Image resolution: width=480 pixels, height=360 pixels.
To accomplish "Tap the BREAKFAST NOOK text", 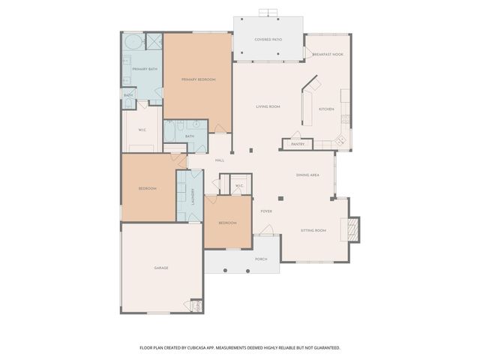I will click(x=327, y=53).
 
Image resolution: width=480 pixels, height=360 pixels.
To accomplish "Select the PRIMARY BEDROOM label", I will click(x=198, y=79).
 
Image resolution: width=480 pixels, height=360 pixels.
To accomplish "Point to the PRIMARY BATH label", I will click(x=144, y=69).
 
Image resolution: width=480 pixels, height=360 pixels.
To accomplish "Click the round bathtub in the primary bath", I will click(x=131, y=42).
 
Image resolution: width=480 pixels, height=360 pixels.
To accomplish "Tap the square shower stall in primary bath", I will click(x=154, y=41).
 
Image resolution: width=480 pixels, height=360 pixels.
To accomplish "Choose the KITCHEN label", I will click(x=326, y=109).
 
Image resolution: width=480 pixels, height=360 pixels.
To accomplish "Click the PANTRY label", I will click(x=298, y=144).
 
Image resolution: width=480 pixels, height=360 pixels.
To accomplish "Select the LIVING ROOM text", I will click(x=268, y=106).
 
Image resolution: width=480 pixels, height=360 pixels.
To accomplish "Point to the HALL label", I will click(x=220, y=160).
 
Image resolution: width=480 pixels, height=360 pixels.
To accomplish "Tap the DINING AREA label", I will click(x=307, y=175).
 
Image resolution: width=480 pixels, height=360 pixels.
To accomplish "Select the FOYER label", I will click(x=265, y=211).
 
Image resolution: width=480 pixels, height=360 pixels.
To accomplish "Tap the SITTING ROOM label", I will click(x=313, y=230).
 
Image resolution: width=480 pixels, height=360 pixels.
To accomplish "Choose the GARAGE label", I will click(x=161, y=268).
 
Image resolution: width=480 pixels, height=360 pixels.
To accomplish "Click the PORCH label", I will click(x=261, y=259).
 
